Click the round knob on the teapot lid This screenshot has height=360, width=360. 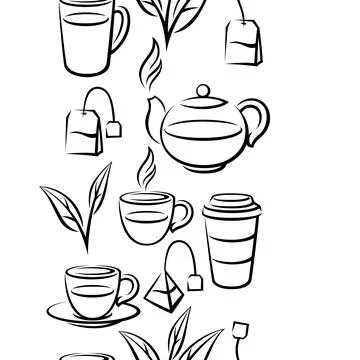pos(203,92)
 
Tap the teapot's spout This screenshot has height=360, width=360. pos(152,118)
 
